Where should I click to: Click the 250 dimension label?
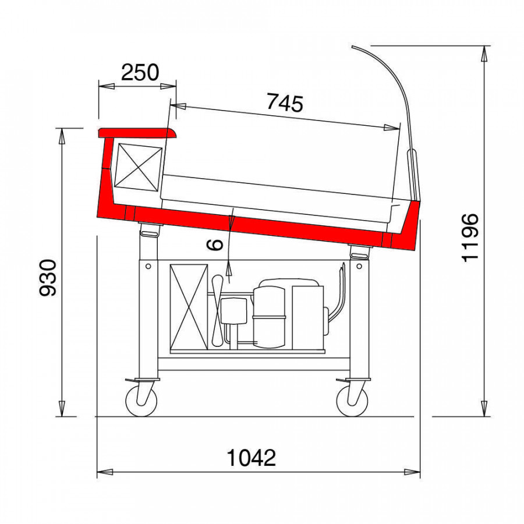(140, 72)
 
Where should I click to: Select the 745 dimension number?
(285, 102)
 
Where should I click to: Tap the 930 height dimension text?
(48, 278)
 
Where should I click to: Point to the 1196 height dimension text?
(470, 238)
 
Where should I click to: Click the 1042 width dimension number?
(252, 458)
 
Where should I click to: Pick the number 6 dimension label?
(215, 245)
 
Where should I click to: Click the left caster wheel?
(141, 401)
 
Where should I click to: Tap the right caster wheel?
(352, 401)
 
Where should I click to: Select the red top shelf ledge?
(137, 133)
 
